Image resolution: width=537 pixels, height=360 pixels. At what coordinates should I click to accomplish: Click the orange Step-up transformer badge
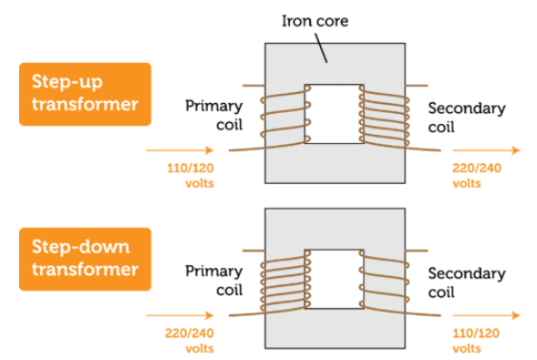pos(85,93)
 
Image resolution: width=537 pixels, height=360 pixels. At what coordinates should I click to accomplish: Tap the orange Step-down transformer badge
pos(85,258)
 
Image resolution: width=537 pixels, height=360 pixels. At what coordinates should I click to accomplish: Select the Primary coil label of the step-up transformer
pos(214,115)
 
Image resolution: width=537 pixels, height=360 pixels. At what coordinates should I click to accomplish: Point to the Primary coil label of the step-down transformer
pos(214,281)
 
